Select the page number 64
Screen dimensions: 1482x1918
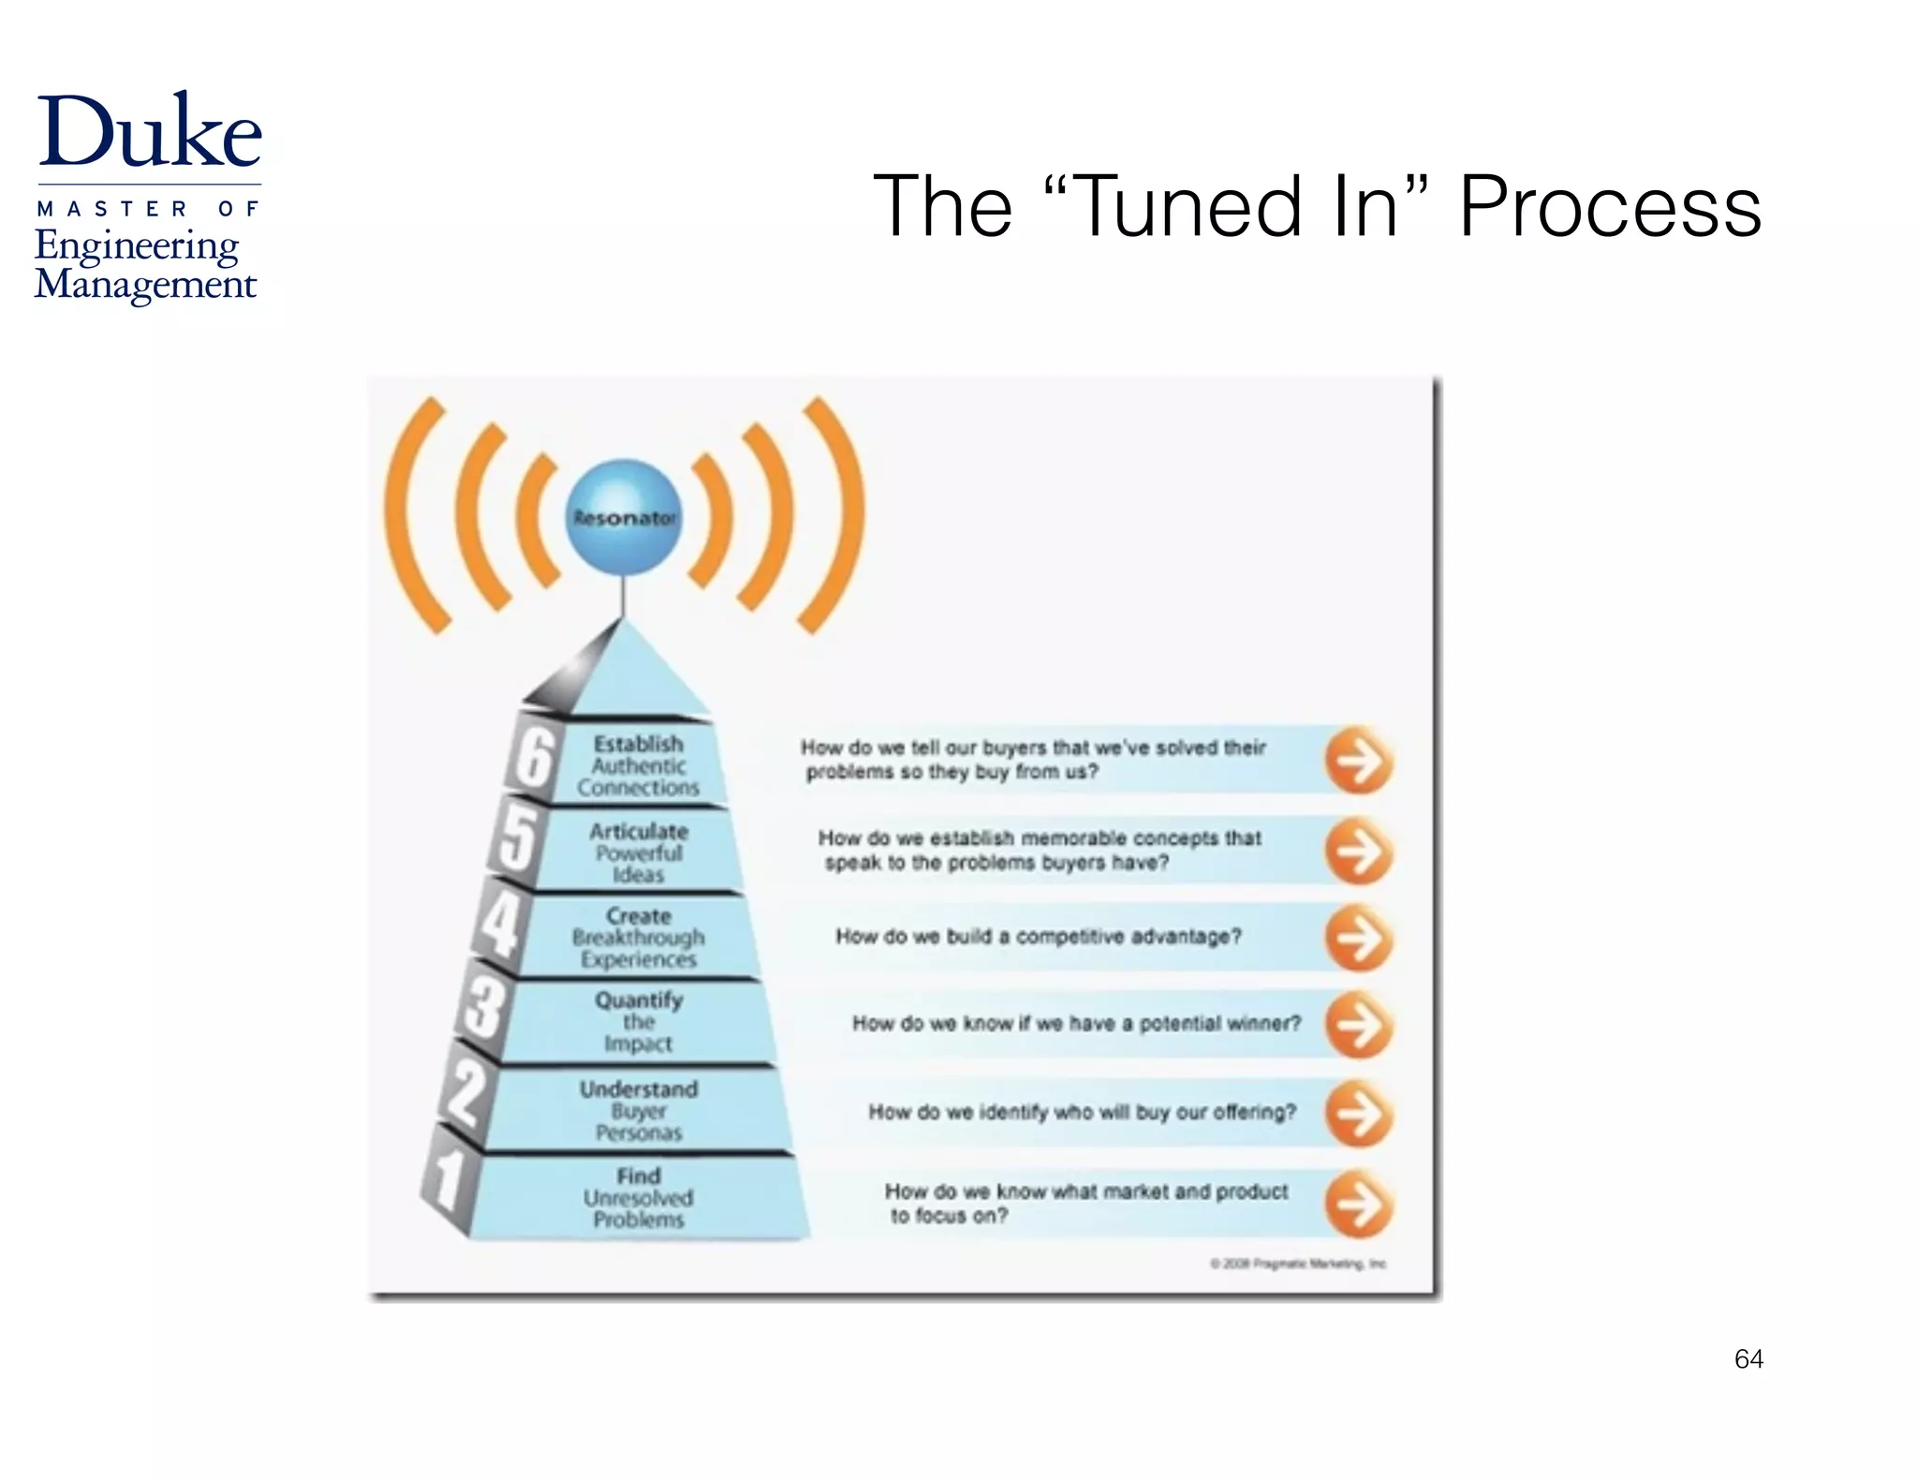tap(1748, 1358)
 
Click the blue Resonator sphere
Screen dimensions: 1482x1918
tap(624, 516)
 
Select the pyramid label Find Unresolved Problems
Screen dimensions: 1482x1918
tap(639, 1197)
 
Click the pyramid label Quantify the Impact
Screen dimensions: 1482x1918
tap(639, 1021)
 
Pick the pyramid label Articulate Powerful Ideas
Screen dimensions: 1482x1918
tap(639, 852)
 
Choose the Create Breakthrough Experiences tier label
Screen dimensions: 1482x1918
tap(639, 937)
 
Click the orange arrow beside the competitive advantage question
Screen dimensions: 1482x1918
tap(1358, 938)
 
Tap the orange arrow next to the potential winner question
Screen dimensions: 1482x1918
tap(1358, 1025)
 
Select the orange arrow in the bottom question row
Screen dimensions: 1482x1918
tap(1358, 1205)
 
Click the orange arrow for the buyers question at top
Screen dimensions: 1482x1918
tap(1358, 761)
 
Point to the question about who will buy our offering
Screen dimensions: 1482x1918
tap(1082, 1112)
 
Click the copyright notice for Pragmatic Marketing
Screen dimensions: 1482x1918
tap(1298, 1264)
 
